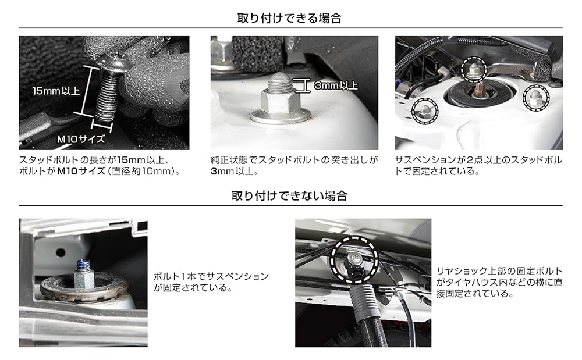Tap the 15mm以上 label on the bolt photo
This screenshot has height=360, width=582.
click(56, 91)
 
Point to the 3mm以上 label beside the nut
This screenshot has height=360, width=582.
click(336, 85)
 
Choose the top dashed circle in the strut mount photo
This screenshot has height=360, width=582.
click(473, 69)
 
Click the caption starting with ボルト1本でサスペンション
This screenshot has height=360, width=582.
click(211, 282)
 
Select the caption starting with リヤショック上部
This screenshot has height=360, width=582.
click(499, 282)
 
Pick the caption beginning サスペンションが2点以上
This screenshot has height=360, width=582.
click(478, 166)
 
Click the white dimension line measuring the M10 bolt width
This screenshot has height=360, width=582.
click(102, 126)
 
